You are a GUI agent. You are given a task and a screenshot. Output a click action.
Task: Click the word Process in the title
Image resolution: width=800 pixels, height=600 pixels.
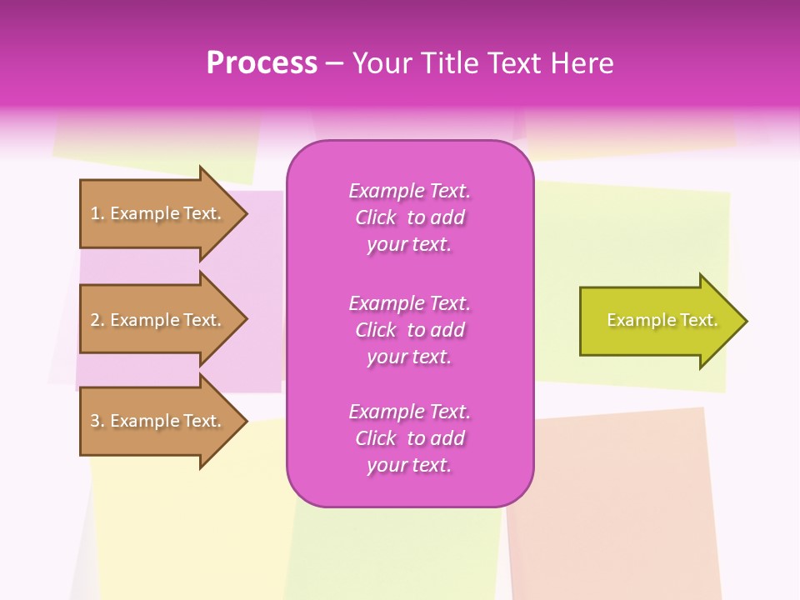pos(262,63)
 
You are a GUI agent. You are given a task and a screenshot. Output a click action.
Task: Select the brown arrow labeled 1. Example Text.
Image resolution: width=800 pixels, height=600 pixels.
pos(158,213)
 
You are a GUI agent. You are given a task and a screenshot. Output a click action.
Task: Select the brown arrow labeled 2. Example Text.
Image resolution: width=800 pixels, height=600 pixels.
pos(158,320)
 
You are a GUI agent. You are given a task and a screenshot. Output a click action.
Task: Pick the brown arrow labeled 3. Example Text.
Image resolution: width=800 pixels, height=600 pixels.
pos(158,421)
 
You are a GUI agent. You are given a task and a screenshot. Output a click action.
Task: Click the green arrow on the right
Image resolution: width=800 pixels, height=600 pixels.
pos(658,320)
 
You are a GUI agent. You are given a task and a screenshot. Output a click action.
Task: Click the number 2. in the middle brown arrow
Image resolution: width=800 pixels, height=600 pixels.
pos(97,320)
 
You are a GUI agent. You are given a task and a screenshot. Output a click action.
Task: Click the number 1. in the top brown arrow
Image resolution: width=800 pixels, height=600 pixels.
pos(97,213)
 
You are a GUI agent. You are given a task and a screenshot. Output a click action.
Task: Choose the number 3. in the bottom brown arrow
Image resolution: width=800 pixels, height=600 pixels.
pos(97,421)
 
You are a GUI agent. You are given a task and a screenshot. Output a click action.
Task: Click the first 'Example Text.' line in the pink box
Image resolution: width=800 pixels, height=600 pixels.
pos(409,191)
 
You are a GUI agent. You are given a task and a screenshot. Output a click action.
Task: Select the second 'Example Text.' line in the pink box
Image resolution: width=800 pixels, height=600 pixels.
pos(409,302)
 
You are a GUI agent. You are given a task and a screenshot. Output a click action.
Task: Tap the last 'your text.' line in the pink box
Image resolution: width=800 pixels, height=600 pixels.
pos(409,465)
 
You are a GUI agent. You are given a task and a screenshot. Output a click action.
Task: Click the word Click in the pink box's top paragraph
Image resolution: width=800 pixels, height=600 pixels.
pos(376,217)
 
